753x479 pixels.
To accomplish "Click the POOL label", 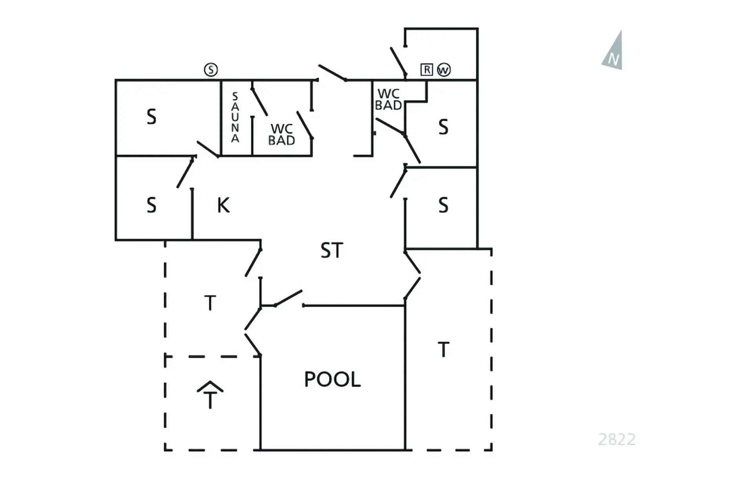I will pos(332,379).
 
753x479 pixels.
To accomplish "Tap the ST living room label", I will pos(332,250).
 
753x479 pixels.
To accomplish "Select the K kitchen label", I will pos(223,205).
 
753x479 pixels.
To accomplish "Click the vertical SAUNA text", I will pos(235,117).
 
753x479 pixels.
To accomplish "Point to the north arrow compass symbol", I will pos(613,52).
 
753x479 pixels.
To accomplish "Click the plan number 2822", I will pos(617,439).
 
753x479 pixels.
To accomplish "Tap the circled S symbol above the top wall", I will pos(211,70).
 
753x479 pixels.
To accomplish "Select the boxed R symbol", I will pos(426,70).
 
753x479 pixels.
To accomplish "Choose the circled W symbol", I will pos(444,70).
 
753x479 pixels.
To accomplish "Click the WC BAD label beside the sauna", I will pos(282,134).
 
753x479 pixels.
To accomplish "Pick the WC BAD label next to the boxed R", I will pos(388,100).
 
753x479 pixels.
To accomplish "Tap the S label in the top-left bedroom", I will pos(151,117).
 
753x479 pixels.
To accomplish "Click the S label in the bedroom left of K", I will pos(151,205).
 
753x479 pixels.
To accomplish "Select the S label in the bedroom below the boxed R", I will pos(443,127).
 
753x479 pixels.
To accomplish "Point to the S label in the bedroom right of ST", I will pos(443,205).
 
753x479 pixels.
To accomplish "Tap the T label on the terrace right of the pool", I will pos(443,350).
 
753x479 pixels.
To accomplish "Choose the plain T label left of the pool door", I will pos(210,303).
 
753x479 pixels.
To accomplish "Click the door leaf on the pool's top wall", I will pos(289,298).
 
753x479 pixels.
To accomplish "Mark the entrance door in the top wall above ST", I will pos(332,73).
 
